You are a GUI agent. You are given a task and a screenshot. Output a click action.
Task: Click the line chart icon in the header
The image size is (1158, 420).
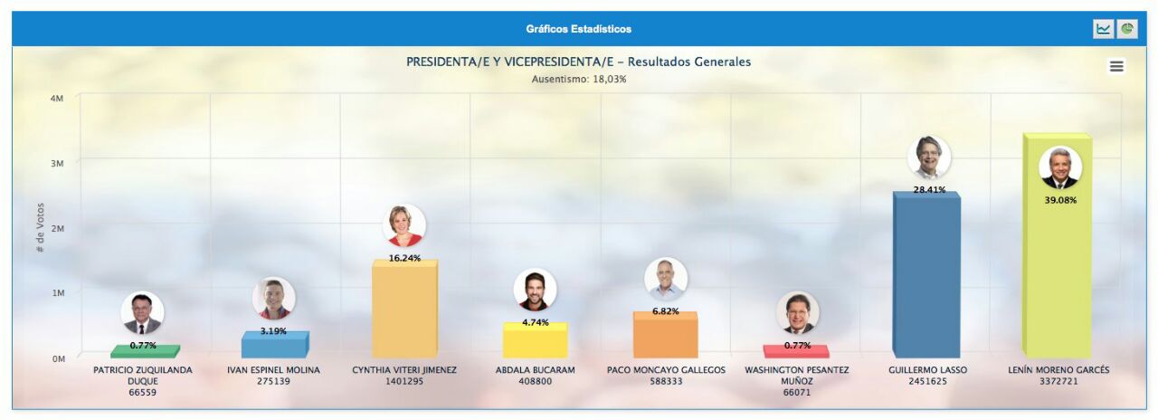pos(1103,29)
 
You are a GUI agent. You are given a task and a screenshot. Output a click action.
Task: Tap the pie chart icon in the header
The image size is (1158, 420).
pos(1127,29)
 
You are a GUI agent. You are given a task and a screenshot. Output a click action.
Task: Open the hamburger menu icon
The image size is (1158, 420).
pos(1116,66)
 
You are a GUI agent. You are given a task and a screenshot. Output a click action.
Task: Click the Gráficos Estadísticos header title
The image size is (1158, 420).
pos(578,29)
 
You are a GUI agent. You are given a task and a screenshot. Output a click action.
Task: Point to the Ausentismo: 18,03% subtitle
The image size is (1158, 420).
pos(579,79)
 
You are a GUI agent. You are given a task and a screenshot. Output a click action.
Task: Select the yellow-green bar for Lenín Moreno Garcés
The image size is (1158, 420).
pos(1058,245)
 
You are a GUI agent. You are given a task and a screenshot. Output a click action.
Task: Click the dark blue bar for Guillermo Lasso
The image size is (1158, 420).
pos(926,274)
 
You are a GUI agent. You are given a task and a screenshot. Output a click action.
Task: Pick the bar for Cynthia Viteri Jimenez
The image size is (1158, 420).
pos(404,309)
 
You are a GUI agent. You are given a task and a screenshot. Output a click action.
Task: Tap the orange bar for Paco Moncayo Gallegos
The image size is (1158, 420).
pos(666,335)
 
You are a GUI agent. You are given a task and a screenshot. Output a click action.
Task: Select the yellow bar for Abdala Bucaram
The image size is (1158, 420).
pos(535,340)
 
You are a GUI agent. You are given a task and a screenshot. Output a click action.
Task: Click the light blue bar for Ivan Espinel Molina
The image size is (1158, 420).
pos(275,345)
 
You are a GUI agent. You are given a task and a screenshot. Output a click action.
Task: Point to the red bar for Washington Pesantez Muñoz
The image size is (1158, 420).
pos(796,352)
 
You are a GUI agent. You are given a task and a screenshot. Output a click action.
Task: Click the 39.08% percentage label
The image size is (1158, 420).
pos(1060,200)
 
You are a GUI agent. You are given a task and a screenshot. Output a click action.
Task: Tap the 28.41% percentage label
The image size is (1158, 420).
pos(929,190)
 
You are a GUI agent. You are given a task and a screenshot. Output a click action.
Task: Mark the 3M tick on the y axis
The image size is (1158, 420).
pos(57,164)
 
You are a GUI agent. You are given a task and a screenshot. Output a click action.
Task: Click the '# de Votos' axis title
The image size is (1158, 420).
pos(41,227)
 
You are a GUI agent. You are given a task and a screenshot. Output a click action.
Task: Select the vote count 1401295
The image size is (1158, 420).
pos(404,381)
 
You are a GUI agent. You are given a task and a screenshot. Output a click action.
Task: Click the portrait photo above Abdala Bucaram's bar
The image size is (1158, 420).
pos(535,290)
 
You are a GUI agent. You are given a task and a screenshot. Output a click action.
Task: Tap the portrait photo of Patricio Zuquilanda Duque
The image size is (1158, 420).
pos(143,313)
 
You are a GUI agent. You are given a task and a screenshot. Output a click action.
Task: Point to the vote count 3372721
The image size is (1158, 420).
pos(1058,381)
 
